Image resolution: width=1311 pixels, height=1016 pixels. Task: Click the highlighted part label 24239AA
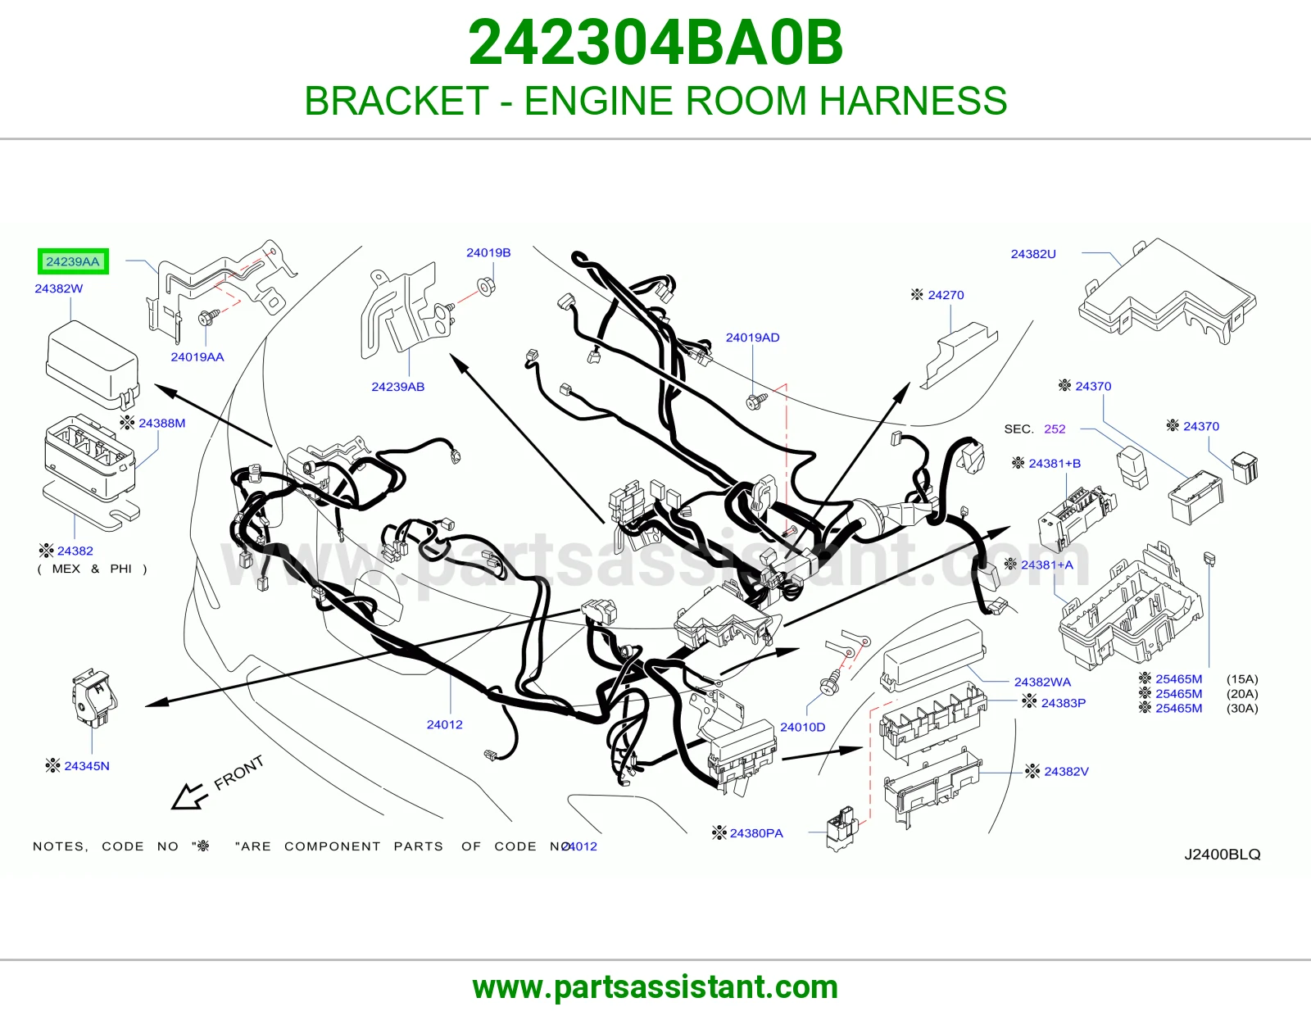click(x=73, y=261)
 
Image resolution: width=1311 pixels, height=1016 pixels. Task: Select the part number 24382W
click(x=58, y=288)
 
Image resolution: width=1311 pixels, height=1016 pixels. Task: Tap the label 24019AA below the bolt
click(x=197, y=356)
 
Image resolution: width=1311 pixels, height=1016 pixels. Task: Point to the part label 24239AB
click(x=397, y=387)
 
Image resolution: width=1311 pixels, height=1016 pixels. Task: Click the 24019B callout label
click(x=488, y=253)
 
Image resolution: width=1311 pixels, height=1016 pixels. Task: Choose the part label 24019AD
click(x=752, y=338)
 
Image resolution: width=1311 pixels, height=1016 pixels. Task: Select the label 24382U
click(x=1033, y=254)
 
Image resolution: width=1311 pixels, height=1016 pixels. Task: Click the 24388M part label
click(x=161, y=423)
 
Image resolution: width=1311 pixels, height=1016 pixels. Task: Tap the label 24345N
click(x=87, y=765)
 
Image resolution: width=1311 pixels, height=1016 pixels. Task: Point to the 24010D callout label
click(x=802, y=727)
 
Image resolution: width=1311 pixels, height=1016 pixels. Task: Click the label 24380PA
click(x=756, y=833)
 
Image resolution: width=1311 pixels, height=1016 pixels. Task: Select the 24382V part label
click(x=1066, y=772)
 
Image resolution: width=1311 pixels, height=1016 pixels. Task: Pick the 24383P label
click(x=1063, y=703)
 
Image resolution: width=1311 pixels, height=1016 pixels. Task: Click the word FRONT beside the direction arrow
click(x=239, y=773)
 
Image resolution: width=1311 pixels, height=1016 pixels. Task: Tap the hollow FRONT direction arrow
click(x=188, y=796)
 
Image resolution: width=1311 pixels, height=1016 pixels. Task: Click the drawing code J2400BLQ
click(x=1223, y=855)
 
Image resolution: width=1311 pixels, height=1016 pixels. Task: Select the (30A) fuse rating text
click(x=1242, y=708)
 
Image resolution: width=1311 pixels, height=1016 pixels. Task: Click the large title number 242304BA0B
click(x=655, y=43)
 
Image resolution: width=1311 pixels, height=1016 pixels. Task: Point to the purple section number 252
click(x=1055, y=429)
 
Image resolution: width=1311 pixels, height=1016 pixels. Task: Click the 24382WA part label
click(x=1042, y=682)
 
